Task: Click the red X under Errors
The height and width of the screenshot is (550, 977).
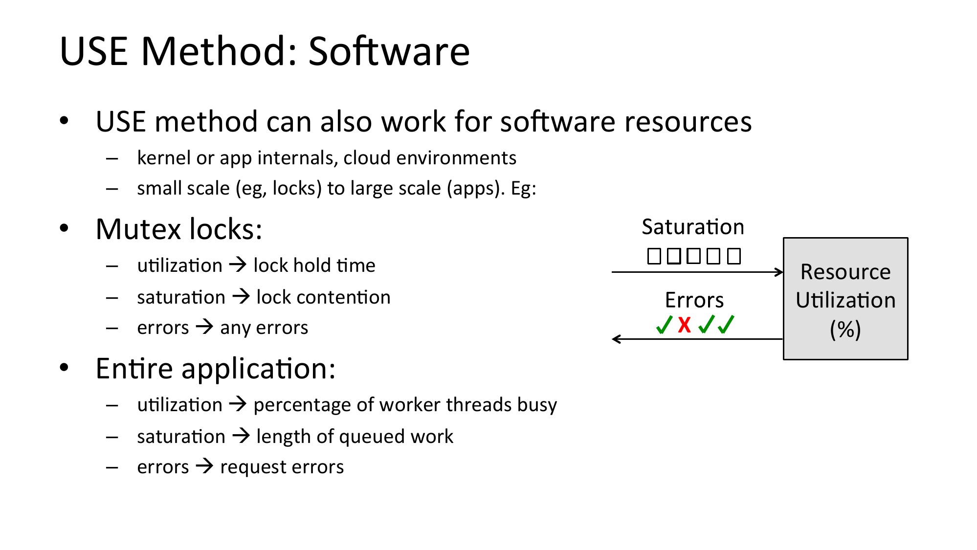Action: pos(685,325)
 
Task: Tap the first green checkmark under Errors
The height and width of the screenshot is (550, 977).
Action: pos(665,325)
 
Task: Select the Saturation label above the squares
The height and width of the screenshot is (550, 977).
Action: pos(693,227)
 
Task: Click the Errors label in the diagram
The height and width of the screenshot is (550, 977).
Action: pos(694,300)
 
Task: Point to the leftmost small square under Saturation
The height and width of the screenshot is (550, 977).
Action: pos(654,256)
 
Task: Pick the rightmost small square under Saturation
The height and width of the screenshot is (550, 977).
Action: pos(734,256)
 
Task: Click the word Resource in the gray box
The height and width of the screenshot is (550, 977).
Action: pos(845,272)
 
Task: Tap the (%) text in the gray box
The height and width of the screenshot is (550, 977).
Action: pos(845,329)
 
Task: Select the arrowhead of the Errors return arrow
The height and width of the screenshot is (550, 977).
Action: pos(616,339)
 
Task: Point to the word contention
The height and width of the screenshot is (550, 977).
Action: pos(323,297)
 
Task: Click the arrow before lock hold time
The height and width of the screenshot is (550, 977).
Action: pos(238,265)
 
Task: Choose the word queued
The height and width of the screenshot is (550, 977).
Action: pos(372,437)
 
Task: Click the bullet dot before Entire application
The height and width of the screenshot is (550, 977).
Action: pos(64,368)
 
